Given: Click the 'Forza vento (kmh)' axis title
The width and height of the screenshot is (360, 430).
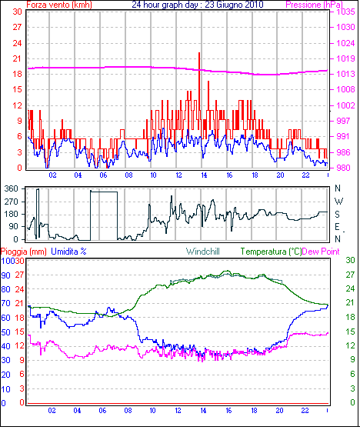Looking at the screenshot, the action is click(x=59, y=5).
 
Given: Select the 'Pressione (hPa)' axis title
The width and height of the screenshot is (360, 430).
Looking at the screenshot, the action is click(x=314, y=5).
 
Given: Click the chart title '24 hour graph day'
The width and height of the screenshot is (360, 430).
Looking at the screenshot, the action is click(x=165, y=5).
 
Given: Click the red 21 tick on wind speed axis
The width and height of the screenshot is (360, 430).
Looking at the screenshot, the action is click(x=17, y=58).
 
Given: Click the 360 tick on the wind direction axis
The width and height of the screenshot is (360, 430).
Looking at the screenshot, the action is click(x=12, y=188).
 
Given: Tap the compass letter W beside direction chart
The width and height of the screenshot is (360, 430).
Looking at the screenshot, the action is click(x=338, y=202).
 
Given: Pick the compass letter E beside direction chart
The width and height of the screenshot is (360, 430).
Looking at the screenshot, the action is click(x=337, y=226).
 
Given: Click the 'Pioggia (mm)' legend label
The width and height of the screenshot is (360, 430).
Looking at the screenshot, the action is click(x=24, y=252).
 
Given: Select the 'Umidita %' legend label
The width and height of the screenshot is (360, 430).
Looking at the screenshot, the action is click(x=68, y=252).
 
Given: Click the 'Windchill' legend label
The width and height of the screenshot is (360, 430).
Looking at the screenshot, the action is click(x=203, y=252).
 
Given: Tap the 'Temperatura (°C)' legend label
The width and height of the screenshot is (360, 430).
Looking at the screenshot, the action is click(x=271, y=252).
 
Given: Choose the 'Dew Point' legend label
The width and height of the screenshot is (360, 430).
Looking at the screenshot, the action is click(x=321, y=252).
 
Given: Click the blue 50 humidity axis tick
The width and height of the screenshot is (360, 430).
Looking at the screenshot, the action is click(x=5, y=332).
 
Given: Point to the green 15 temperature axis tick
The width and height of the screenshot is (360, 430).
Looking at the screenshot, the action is click(x=350, y=332).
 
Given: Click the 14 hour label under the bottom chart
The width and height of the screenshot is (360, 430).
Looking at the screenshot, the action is click(x=203, y=411).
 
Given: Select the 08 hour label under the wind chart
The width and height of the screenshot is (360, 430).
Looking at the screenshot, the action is click(x=128, y=175).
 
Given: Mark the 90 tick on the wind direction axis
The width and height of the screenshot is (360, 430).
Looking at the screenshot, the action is click(x=14, y=226).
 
